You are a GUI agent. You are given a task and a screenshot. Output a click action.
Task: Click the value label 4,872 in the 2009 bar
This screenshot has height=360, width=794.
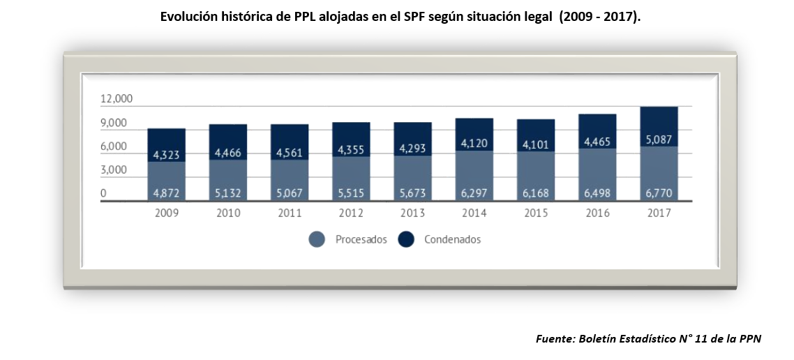166,193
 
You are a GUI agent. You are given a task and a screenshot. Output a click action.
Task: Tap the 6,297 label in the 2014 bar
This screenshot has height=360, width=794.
474,193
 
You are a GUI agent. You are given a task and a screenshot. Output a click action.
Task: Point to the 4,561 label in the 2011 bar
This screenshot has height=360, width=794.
289,152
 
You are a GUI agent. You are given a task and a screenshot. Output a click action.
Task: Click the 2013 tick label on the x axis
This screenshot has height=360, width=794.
412,213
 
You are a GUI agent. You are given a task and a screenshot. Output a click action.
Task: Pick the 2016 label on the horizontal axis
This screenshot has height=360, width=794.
597,213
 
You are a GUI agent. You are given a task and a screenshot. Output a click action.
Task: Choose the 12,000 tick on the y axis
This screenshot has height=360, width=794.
117,99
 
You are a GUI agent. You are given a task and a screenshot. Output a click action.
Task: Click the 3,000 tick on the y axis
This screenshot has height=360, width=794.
113,170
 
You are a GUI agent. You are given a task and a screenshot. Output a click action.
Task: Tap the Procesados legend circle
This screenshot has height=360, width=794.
317,239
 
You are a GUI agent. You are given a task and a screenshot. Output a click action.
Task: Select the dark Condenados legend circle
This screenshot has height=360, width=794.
406,239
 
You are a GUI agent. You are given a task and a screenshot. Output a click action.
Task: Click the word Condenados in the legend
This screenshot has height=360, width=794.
452,239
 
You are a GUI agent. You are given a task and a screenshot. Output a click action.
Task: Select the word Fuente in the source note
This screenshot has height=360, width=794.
555,338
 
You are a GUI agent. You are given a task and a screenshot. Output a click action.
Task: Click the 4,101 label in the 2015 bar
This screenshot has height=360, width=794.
535,144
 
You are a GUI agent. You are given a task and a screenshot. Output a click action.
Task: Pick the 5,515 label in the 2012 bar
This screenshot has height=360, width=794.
350,193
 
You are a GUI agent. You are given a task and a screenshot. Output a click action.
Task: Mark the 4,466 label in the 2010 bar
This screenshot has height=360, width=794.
227,152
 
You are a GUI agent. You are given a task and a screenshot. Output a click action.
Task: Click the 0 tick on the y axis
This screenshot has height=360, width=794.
103,193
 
